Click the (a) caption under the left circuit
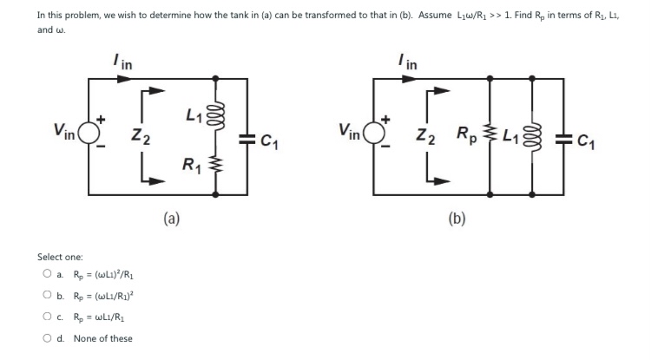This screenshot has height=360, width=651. tap(172, 219)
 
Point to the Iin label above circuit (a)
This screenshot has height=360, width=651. tap(122, 62)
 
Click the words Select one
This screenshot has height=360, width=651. tap(60, 257)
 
